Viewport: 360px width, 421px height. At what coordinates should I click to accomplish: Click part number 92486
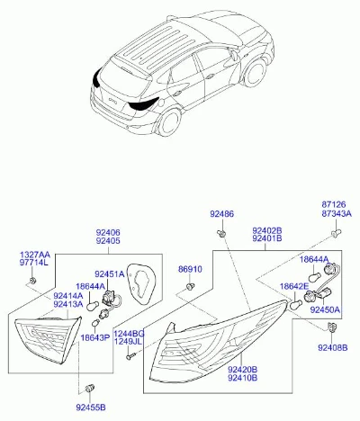click(221, 214)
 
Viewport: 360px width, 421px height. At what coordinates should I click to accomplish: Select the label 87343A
click(337, 213)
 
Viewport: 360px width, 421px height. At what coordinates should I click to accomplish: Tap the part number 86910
click(190, 269)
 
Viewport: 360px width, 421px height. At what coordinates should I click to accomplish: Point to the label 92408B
click(333, 347)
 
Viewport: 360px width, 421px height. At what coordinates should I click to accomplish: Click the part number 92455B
click(91, 408)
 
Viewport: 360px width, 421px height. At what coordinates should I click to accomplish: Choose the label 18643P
click(95, 338)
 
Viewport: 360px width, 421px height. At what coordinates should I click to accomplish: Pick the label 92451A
click(110, 273)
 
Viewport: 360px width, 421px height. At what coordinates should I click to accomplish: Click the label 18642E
click(294, 286)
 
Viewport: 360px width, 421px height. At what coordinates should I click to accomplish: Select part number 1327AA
click(35, 255)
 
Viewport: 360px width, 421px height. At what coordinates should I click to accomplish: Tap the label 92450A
click(325, 309)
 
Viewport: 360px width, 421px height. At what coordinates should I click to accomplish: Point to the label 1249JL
click(129, 341)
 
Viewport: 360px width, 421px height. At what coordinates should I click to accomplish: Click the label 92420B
click(242, 369)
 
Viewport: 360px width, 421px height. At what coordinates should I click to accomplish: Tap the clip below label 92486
click(221, 233)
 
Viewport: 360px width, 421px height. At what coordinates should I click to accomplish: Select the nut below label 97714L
click(32, 281)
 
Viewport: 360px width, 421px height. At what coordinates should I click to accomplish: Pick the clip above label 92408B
click(331, 327)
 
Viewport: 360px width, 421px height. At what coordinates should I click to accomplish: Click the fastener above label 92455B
click(90, 388)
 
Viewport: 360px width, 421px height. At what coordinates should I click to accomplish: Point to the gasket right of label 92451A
click(141, 280)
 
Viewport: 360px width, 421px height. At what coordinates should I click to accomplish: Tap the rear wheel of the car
click(169, 122)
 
